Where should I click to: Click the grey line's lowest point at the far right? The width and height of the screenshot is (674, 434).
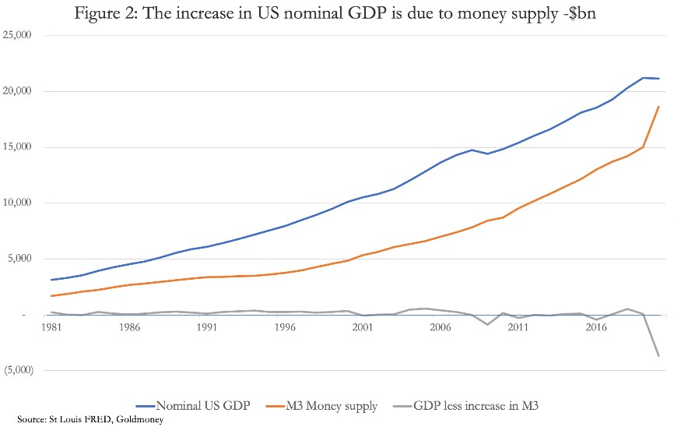pyautogui.click(x=659, y=356)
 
